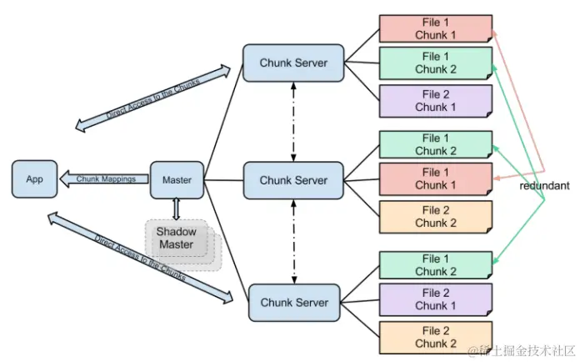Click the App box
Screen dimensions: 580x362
[x=34, y=179]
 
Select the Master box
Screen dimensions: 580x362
[x=177, y=180]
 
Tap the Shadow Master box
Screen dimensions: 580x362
[x=177, y=238]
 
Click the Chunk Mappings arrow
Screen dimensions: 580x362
[x=104, y=178]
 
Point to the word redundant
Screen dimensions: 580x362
[x=544, y=185]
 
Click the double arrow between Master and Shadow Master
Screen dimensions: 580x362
[x=177, y=209]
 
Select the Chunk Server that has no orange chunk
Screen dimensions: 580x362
[x=293, y=63]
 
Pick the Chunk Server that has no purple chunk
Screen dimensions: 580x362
[x=293, y=180]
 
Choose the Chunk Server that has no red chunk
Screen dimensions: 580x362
[x=294, y=303]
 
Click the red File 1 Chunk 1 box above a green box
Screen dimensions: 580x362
[x=436, y=28]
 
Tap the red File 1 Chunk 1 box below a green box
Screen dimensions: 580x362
[x=436, y=178]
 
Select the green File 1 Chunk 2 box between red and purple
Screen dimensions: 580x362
[x=436, y=63]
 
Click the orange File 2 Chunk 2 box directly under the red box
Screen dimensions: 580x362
[x=436, y=217]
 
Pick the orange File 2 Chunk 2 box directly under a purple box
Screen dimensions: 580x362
[x=436, y=337]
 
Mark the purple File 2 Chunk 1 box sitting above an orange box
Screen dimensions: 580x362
[x=436, y=299]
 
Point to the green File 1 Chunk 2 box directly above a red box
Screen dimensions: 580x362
[x=436, y=144]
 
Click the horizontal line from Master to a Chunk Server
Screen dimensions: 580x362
[x=223, y=180]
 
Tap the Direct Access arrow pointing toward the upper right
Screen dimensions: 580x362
[x=152, y=98]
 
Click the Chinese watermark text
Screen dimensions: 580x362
[x=522, y=350]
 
